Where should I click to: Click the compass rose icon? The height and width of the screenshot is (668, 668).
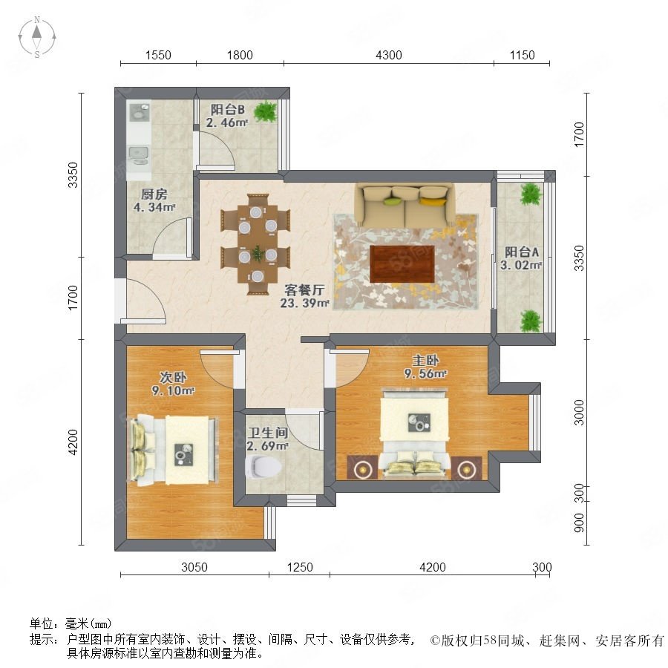click(37, 37)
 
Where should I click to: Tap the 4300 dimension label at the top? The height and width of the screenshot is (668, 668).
click(388, 56)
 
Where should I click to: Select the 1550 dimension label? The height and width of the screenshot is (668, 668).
click(158, 56)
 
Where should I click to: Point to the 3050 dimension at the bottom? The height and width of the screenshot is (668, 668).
click(194, 567)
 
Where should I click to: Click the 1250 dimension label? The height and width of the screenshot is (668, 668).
click(300, 567)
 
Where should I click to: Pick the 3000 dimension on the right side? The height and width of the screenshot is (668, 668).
click(579, 413)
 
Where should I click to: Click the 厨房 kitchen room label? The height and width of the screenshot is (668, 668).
click(154, 194)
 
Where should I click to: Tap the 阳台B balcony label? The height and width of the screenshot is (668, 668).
click(228, 110)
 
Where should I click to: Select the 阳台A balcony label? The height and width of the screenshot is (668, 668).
click(522, 252)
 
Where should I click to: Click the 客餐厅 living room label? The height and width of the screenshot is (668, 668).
click(304, 290)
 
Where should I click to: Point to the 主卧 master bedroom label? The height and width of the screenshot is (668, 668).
click(425, 361)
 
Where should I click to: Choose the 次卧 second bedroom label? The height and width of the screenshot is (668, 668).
click(173, 377)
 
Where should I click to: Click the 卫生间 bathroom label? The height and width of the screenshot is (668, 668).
click(268, 433)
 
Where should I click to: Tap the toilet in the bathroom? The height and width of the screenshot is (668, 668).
click(263, 467)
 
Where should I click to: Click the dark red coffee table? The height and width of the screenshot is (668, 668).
click(402, 263)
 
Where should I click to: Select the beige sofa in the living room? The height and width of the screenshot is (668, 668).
click(405, 205)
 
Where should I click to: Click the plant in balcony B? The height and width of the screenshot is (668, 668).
click(266, 111)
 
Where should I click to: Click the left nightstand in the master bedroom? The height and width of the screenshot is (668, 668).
click(362, 468)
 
